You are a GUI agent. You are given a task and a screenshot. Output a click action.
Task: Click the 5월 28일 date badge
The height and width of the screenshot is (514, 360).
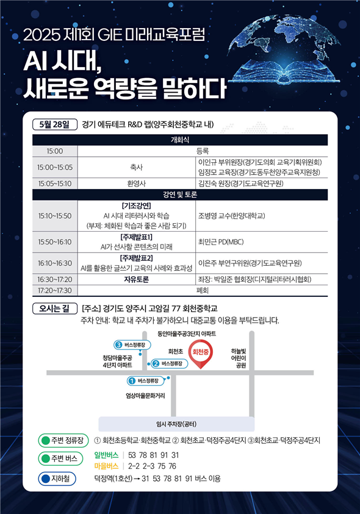coord(55,124)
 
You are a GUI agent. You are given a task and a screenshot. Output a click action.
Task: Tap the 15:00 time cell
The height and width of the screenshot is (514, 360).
coord(55,151)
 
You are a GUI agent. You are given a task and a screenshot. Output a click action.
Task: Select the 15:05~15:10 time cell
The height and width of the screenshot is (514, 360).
coord(55,184)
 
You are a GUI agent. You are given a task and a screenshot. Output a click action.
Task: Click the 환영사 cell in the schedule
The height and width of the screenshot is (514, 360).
coord(136,184)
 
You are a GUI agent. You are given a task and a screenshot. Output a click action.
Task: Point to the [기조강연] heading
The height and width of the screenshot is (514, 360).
coord(136,206)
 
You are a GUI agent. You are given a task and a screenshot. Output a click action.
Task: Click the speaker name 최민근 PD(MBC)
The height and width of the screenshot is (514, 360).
coord(221,242)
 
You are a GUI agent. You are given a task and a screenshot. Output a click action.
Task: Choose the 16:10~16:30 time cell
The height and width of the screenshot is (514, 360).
coord(55,263)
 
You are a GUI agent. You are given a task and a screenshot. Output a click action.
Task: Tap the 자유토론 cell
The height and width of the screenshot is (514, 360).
coord(136,279)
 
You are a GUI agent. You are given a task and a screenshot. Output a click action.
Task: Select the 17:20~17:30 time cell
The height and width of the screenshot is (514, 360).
coord(55,290)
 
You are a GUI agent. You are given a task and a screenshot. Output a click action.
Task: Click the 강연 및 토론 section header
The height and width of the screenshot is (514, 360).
coord(180,195)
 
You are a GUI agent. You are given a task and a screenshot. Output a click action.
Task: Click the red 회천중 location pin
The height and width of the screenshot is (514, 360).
coord(200,354)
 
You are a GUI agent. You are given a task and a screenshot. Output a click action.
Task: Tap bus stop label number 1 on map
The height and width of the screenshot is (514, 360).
coord(146,380)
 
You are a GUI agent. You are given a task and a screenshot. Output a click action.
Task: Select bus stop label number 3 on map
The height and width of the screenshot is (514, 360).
coord(132,345)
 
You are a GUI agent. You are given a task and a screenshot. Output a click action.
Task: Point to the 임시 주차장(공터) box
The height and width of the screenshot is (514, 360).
coord(176,424)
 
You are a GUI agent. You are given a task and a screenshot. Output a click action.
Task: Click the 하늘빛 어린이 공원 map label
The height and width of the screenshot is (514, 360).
coord(238,359)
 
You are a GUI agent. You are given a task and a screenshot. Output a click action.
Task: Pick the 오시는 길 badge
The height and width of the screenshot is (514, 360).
coord(55,309)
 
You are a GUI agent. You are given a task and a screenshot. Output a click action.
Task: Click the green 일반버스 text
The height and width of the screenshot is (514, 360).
coord(106,455)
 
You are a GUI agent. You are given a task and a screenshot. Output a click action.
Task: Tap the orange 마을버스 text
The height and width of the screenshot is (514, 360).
coord(106,466)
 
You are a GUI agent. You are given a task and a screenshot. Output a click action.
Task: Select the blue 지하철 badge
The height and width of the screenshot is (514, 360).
coord(57,479)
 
